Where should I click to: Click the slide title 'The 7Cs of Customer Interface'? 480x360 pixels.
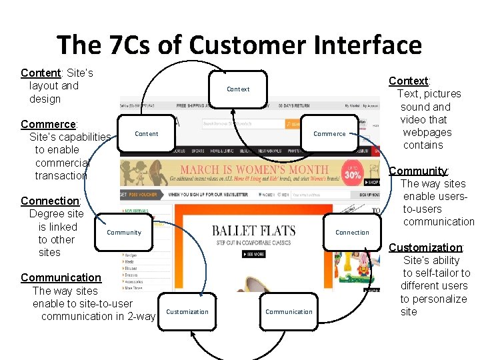point(239,45)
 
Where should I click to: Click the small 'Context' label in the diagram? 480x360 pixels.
point(238,89)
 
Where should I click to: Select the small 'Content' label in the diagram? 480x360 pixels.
point(147,134)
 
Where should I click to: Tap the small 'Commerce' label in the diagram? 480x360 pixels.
point(329,134)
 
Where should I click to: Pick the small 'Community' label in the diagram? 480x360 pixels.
point(124,233)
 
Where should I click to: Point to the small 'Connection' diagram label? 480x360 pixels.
point(352,233)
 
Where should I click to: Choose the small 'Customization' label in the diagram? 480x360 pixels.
point(187,312)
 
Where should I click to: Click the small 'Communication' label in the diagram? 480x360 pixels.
point(289,312)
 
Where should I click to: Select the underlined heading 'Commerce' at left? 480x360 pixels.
point(49,124)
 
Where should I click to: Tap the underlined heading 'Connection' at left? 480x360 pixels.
point(50,201)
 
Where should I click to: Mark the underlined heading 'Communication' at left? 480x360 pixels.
point(61,277)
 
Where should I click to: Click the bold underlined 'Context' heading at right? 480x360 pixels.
point(409,81)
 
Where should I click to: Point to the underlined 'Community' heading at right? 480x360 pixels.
point(418,171)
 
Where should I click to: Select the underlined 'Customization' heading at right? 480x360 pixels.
point(425,247)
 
